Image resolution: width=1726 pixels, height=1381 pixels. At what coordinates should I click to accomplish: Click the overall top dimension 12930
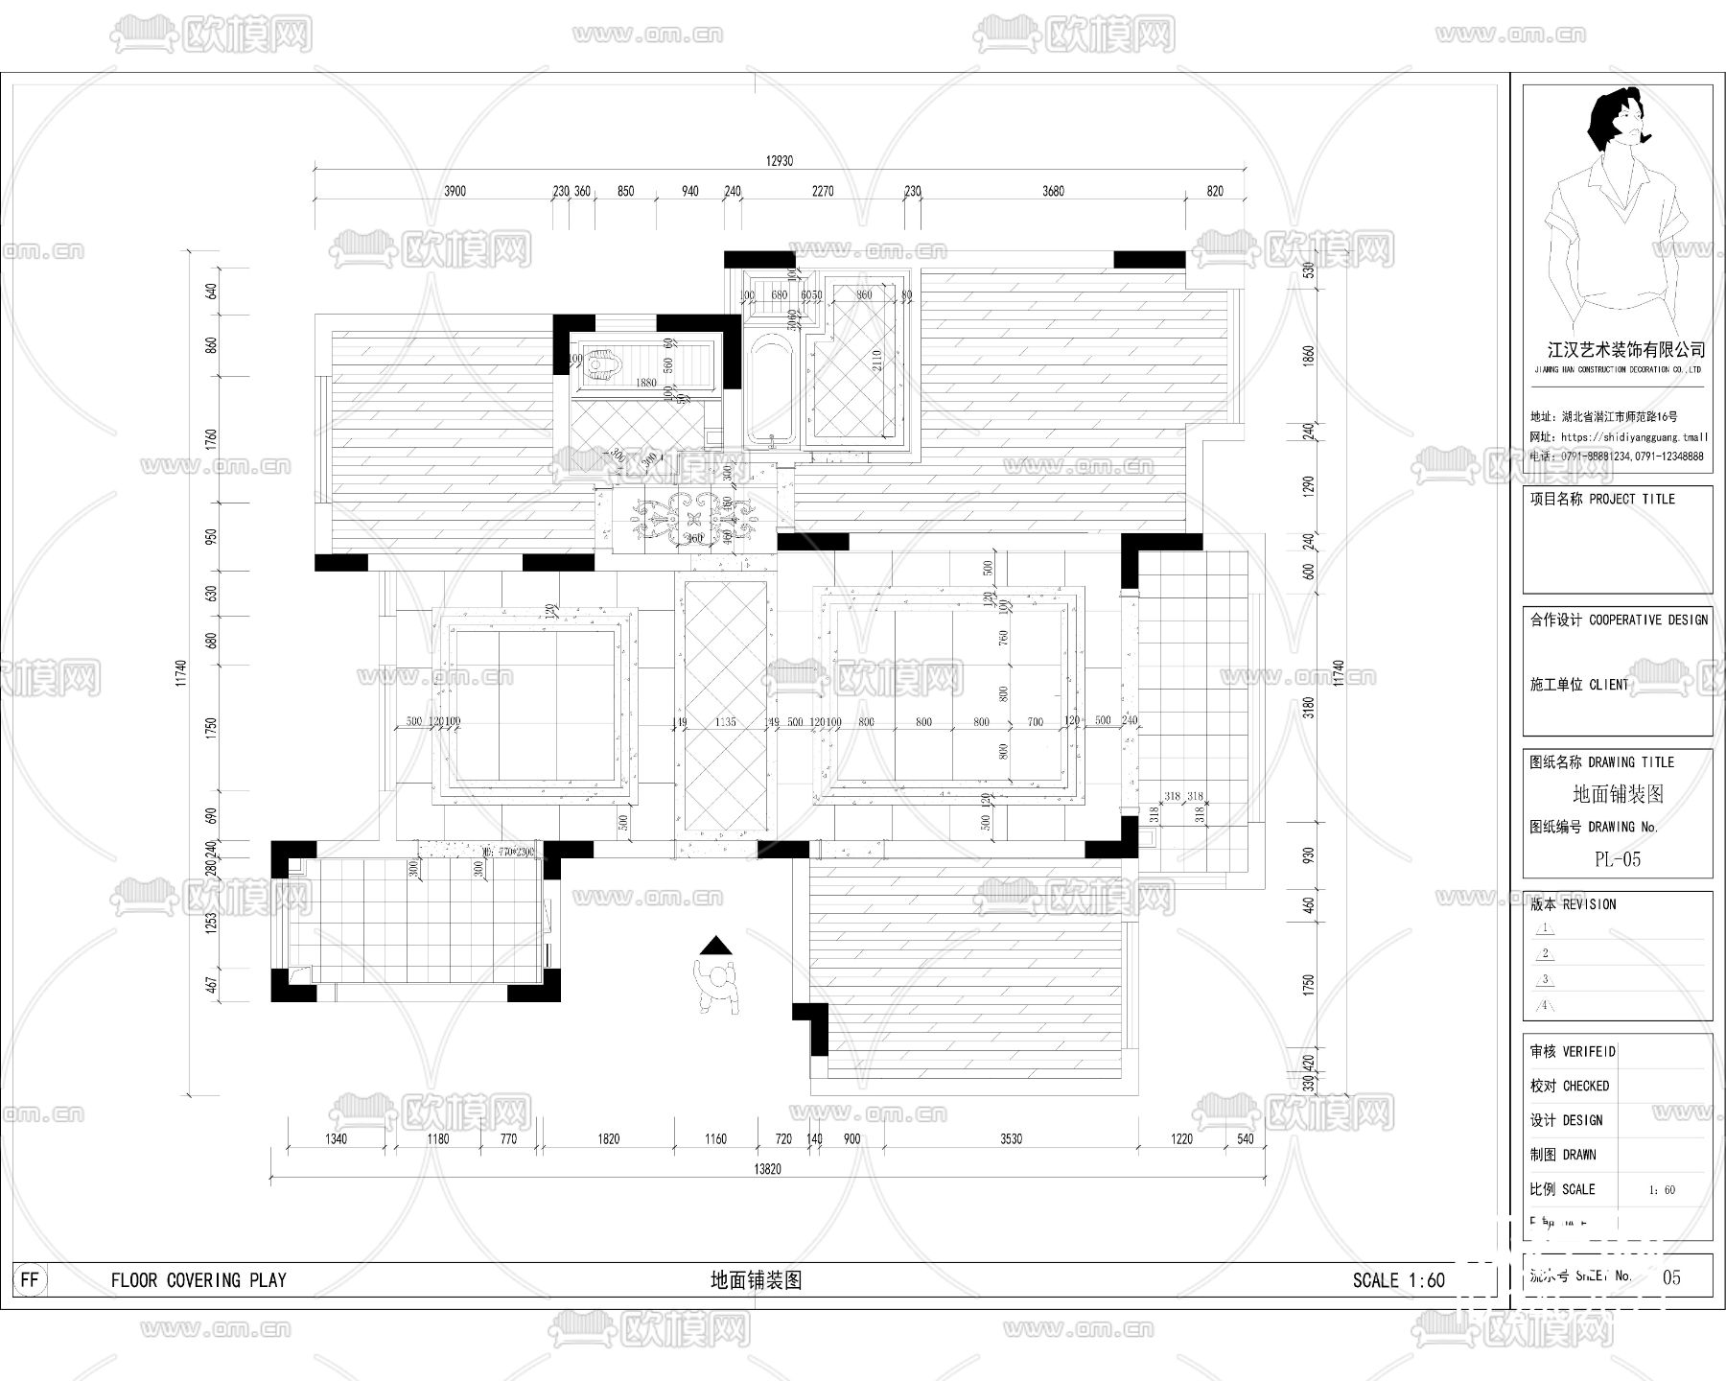click(x=779, y=161)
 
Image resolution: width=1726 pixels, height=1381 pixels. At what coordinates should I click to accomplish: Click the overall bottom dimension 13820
click(x=767, y=1169)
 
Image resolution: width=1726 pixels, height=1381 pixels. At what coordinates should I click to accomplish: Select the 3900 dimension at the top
click(x=455, y=191)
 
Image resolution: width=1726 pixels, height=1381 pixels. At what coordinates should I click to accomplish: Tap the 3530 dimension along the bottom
click(x=1011, y=1138)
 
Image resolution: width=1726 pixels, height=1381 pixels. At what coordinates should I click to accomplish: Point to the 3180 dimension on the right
click(x=1310, y=707)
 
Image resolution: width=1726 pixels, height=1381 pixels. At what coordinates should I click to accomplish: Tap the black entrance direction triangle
click(x=715, y=946)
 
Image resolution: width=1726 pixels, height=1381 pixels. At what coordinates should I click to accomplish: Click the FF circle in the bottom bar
click(x=30, y=1279)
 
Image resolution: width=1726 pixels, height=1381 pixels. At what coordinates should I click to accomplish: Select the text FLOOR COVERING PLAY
click(x=198, y=1279)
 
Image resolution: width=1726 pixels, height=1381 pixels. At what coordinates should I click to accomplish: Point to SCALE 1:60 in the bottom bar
click(x=1398, y=1279)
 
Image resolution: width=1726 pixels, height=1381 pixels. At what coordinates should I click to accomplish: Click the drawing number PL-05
click(x=1617, y=859)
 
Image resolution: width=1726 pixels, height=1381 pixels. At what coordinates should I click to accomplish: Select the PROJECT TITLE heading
click(x=1631, y=499)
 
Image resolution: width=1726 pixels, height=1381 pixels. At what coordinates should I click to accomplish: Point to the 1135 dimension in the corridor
click(x=725, y=721)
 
